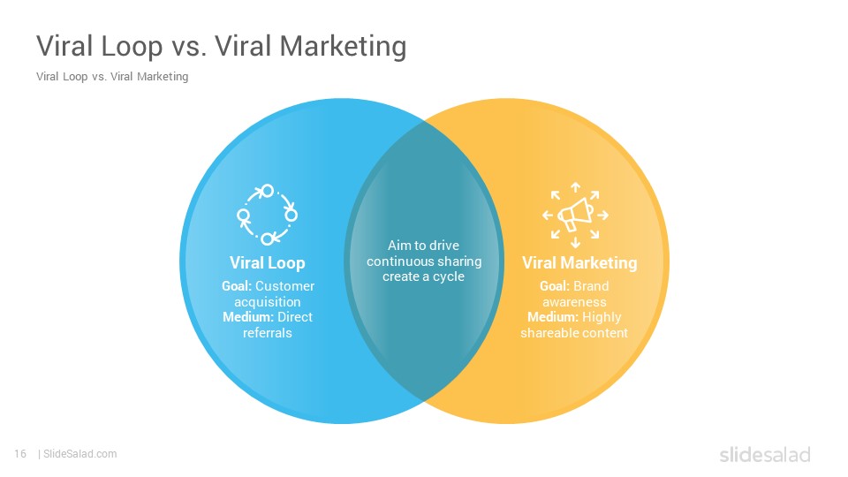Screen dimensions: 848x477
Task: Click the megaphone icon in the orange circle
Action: coord(575,216)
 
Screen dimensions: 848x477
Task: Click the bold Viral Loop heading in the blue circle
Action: coord(267,263)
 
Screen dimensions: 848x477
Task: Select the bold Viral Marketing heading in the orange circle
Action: coord(579,263)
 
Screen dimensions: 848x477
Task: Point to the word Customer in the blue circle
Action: coord(284,286)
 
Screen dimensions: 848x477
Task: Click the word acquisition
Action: coord(267,302)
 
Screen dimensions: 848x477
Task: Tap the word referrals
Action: coord(267,333)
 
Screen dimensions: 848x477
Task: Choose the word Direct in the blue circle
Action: coord(295,317)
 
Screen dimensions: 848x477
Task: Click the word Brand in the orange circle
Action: coord(591,286)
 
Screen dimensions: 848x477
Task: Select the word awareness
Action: coord(574,302)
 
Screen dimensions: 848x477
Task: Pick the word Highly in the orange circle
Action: coord(602,317)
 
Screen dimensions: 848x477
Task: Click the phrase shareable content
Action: coord(574,333)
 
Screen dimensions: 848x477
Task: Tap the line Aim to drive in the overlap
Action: coord(423,246)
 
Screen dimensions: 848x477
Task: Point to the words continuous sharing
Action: coord(424,261)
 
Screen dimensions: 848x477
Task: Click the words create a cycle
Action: coord(423,276)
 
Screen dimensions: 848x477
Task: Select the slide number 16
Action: coord(20,454)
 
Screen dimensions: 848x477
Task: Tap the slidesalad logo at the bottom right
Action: coord(765,454)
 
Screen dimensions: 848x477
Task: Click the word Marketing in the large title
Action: coord(343,46)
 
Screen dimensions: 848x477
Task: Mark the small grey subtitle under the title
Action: coord(112,77)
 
